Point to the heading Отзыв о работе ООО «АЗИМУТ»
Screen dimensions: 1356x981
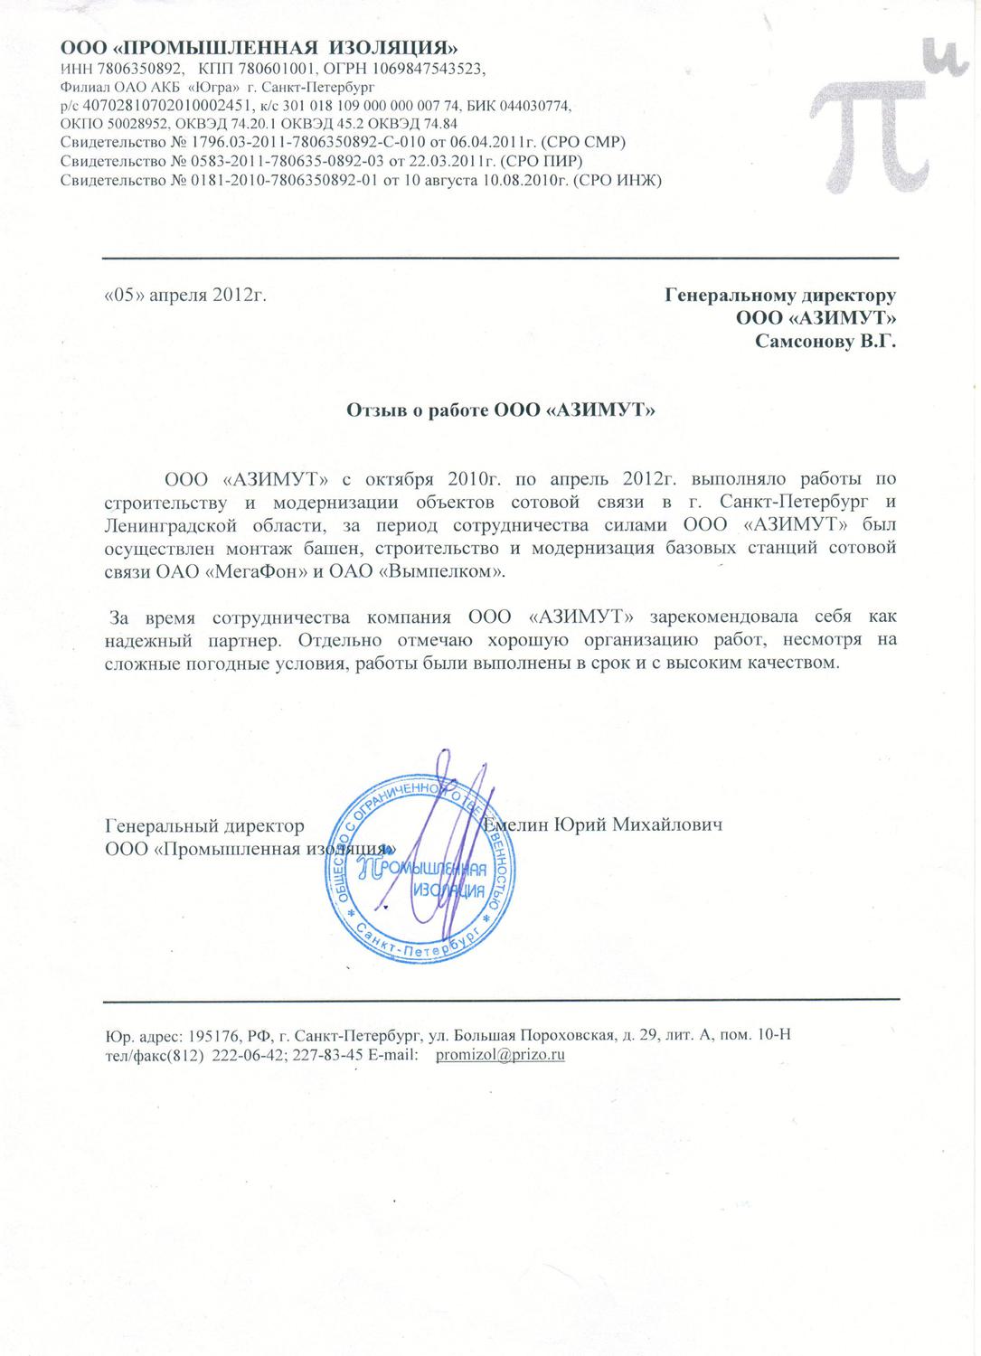coord(501,410)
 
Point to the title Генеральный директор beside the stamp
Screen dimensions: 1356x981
coord(204,826)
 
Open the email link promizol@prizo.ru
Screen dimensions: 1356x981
coord(500,1055)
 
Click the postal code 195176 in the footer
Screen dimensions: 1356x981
coord(208,1035)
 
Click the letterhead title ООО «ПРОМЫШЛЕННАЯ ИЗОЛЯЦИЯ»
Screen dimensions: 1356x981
coord(258,46)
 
